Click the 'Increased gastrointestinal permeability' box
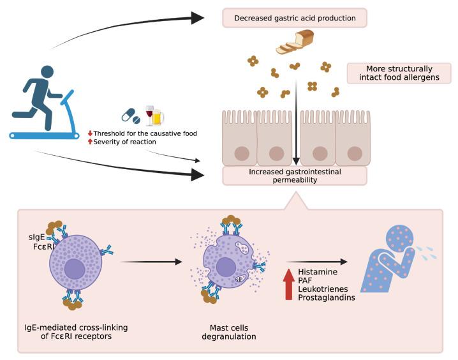coord(295,176)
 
